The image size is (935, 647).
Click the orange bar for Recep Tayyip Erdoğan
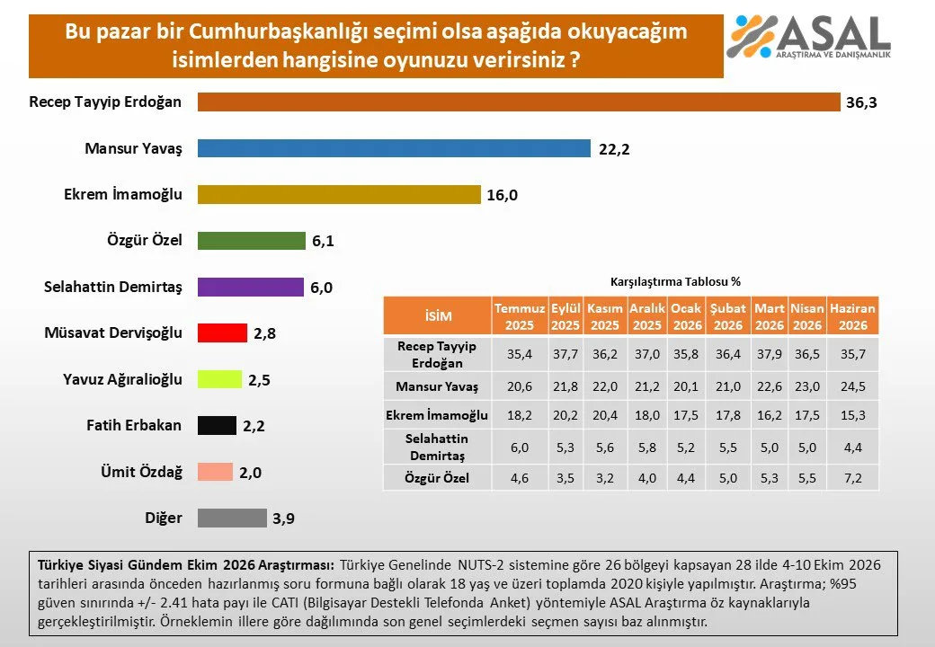(x=519, y=102)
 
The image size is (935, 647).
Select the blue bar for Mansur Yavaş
(x=394, y=148)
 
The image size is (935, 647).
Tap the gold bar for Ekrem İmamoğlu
(x=339, y=194)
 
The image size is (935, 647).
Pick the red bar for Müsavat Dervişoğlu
(x=222, y=332)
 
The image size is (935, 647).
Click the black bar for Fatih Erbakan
(x=217, y=425)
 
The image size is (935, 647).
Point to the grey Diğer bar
(x=233, y=518)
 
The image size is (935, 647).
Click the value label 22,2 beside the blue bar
(x=614, y=149)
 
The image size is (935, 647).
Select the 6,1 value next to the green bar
(x=323, y=241)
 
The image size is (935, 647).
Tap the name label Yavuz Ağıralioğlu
(x=123, y=379)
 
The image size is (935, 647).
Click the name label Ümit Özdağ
(x=141, y=472)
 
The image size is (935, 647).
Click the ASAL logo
(x=808, y=37)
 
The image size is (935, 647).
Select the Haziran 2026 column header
(x=852, y=316)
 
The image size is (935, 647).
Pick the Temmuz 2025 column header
(x=520, y=316)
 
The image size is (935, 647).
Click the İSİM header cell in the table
(x=438, y=315)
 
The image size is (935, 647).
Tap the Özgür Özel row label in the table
(x=437, y=478)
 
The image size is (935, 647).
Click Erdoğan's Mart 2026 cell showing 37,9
(x=770, y=354)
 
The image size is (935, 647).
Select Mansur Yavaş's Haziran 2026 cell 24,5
(x=852, y=386)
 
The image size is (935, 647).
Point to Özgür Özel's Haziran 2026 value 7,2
(x=852, y=478)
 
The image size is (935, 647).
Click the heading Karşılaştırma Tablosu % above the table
(x=675, y=282)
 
